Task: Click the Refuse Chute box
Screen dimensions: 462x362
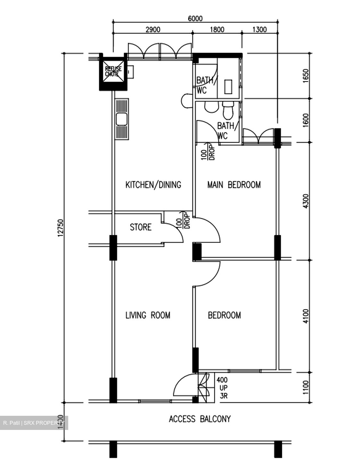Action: point(113,72)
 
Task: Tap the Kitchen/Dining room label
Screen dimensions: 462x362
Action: point(153,185)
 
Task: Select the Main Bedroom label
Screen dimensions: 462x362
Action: point(234,185)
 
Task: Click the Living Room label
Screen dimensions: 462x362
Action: point(148,315)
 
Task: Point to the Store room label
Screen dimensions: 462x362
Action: point(141,227)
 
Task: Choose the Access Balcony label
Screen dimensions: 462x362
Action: point(200,419)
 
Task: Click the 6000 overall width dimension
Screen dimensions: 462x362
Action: point(195,19)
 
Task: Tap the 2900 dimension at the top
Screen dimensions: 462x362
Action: point(153,30)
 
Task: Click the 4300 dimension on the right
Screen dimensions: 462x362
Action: point(306,201)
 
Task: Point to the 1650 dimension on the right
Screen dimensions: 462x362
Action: point(306,76)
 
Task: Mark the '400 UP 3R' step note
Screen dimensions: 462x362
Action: point(223,388)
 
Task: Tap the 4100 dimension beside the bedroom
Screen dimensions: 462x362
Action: point(306,316)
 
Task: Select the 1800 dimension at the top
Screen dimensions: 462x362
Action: point(217,30)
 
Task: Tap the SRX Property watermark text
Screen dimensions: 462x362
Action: point(34,423)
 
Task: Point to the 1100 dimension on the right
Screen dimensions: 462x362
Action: point(306,387)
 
